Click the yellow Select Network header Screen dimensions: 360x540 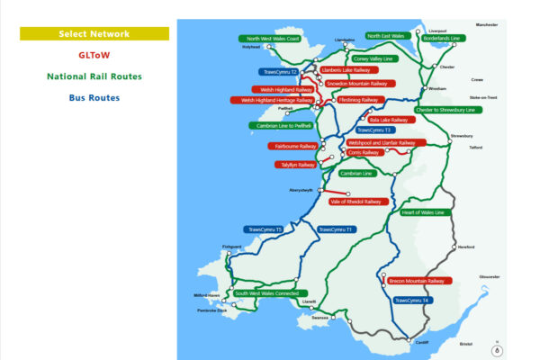point(94,34)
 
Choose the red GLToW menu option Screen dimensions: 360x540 point(94,55)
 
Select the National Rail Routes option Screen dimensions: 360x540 point(94,76)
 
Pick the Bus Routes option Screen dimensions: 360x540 point(94,97)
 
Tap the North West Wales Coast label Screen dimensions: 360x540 point(273,39)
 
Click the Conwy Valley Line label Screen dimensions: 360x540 point(373,58)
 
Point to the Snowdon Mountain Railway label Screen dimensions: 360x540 point(356,83)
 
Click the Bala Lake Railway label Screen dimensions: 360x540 point(388,119)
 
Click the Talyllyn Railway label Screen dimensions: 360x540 point(295,165)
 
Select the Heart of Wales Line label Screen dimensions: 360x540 point(422,212)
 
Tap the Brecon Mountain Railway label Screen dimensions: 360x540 point(417,281)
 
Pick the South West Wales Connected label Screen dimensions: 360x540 point(266,293)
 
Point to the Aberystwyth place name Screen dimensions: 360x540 point(300,190)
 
